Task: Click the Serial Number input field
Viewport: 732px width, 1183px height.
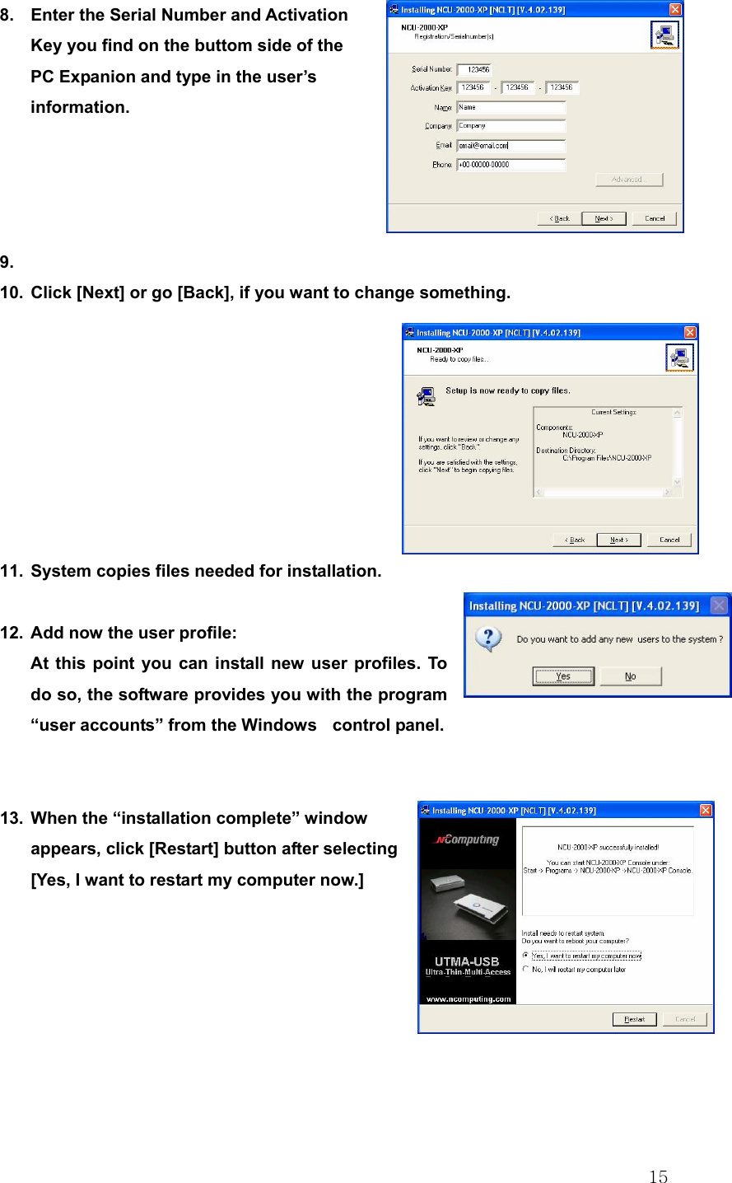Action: [474, 69]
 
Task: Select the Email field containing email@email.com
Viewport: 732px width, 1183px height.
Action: [511, 146]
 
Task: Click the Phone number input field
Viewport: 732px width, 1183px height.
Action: [511, 165]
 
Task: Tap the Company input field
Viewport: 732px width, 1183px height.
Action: [511, 126]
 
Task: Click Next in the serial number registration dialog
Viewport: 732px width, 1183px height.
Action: [604, 218]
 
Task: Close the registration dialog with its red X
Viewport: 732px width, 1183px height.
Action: [674, 9]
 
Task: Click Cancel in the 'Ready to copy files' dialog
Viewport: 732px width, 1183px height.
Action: [669, 540]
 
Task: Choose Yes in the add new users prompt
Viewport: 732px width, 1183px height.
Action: [563, 676]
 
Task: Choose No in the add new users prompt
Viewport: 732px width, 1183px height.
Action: [630, 676]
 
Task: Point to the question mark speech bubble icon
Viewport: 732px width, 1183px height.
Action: [488, 639]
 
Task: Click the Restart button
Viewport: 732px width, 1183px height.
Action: [634, 1019]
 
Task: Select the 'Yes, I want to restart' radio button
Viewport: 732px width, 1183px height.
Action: [526, 956]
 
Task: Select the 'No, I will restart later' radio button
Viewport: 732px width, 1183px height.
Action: [526, 970]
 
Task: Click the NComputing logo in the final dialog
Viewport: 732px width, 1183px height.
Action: [467, 839]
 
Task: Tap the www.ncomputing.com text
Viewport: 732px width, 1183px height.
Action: [468, 998]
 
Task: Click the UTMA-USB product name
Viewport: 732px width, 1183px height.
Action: [467, 961]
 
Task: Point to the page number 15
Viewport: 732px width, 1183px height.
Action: [658, 1176]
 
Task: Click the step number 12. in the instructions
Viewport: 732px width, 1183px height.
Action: [12, 633]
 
